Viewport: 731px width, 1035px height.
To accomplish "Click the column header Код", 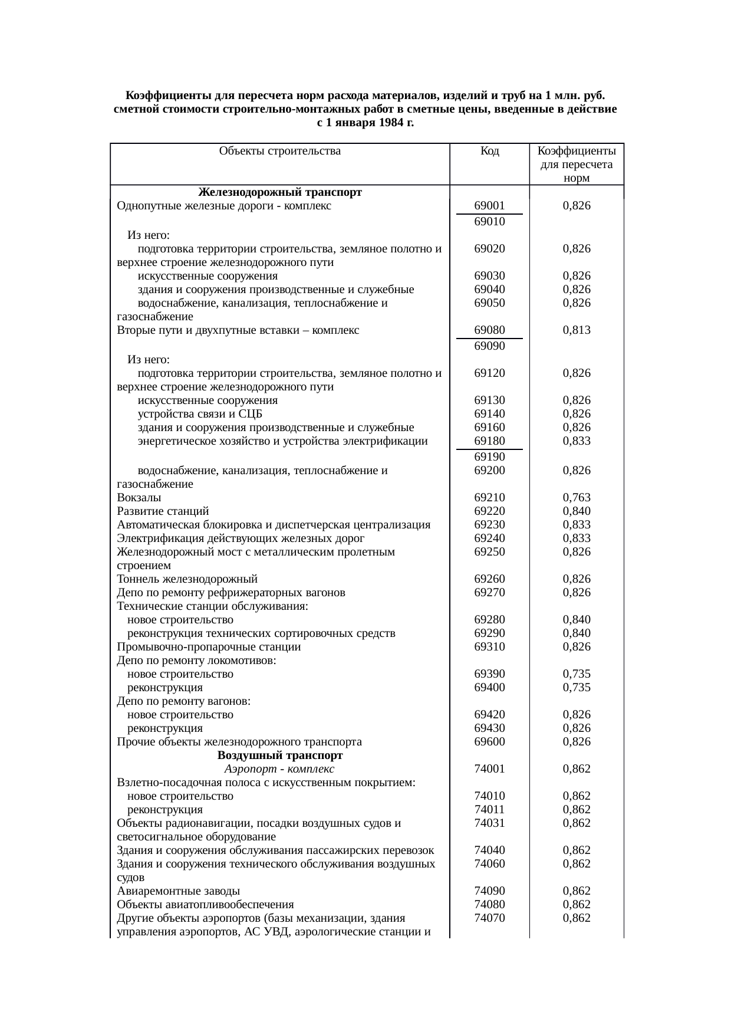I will tap(489, 151).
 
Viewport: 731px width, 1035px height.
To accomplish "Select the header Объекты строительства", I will tap(279, 151).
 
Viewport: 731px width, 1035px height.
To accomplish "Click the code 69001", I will tap(489, 206).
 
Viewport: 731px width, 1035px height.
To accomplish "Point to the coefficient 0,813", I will tap(577, 330).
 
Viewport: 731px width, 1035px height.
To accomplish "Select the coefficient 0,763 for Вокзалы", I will tap(577, 498).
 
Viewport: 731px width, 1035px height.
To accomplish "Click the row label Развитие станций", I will tap(163, 511).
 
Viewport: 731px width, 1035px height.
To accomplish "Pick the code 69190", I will tap(489, 457).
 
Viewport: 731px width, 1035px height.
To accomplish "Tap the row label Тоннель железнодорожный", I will tap(187, 579).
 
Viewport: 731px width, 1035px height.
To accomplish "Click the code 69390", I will tap(489, 674).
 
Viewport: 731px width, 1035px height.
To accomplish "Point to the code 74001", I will tap(489, 769).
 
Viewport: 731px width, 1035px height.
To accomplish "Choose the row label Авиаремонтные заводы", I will tap(178, 891).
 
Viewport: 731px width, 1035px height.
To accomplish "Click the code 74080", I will tap(489, 905).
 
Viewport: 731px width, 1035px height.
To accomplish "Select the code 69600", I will tap(489, 742).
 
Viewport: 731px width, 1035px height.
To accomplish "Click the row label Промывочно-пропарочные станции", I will tap(209, 647).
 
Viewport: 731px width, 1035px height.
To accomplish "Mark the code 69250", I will tap(489, 552).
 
